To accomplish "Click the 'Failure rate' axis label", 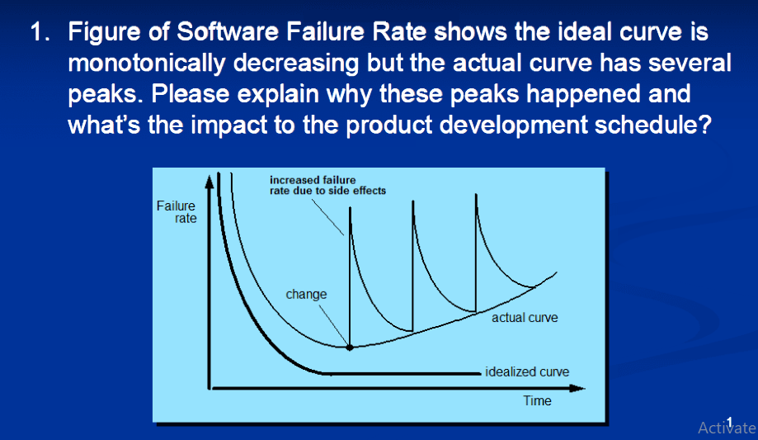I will click(x=176, y=212).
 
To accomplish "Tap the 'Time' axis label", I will click(x=537, y=400).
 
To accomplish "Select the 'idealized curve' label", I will click(x=527, y=371).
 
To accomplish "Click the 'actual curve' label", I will click(x=525, y=318).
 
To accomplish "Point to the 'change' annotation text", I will click(x=306, y=294).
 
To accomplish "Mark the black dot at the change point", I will click(x=351, y=348).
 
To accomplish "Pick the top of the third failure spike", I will click(x=476, y=195).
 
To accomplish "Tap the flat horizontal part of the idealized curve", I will click(x=396, y=372).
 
